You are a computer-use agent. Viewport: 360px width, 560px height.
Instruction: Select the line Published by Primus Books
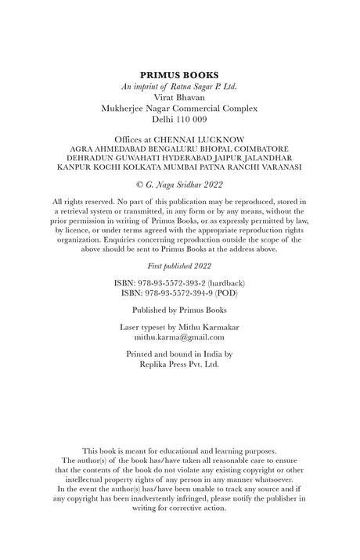point(179,310)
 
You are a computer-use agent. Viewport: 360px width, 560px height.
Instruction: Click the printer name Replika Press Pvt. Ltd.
point(179,364)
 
